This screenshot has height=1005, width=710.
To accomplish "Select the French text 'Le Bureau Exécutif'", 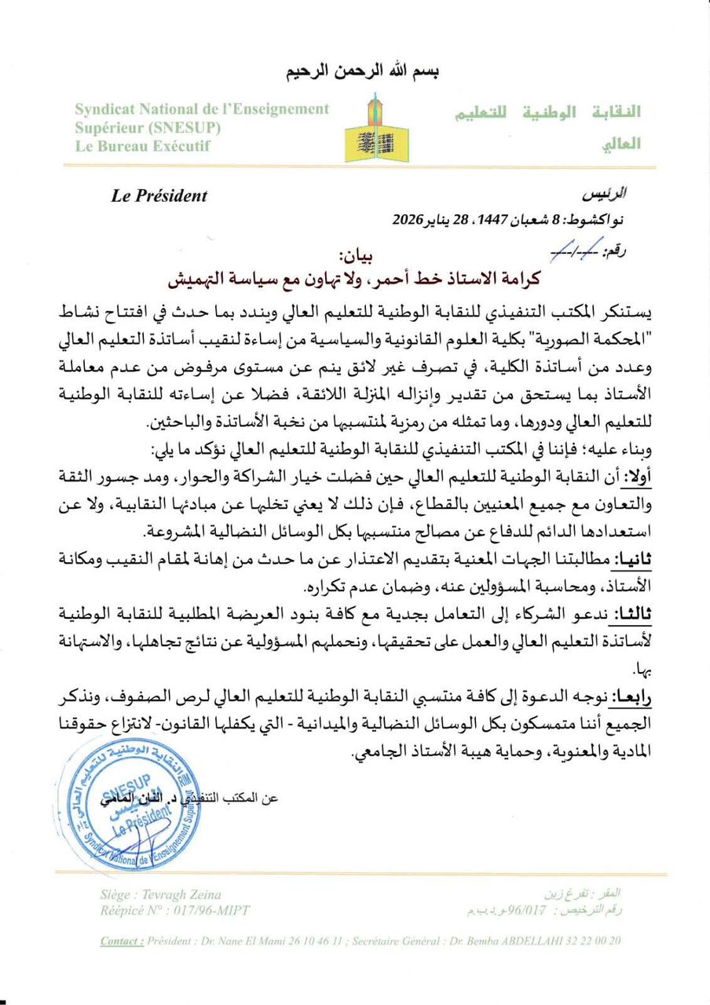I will coord(143,146).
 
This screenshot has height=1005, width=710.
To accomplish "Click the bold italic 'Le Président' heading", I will coord(159,196).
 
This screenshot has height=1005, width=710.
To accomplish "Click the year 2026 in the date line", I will coord(408,219).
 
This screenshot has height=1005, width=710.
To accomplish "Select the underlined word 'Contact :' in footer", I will coord(123,941).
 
